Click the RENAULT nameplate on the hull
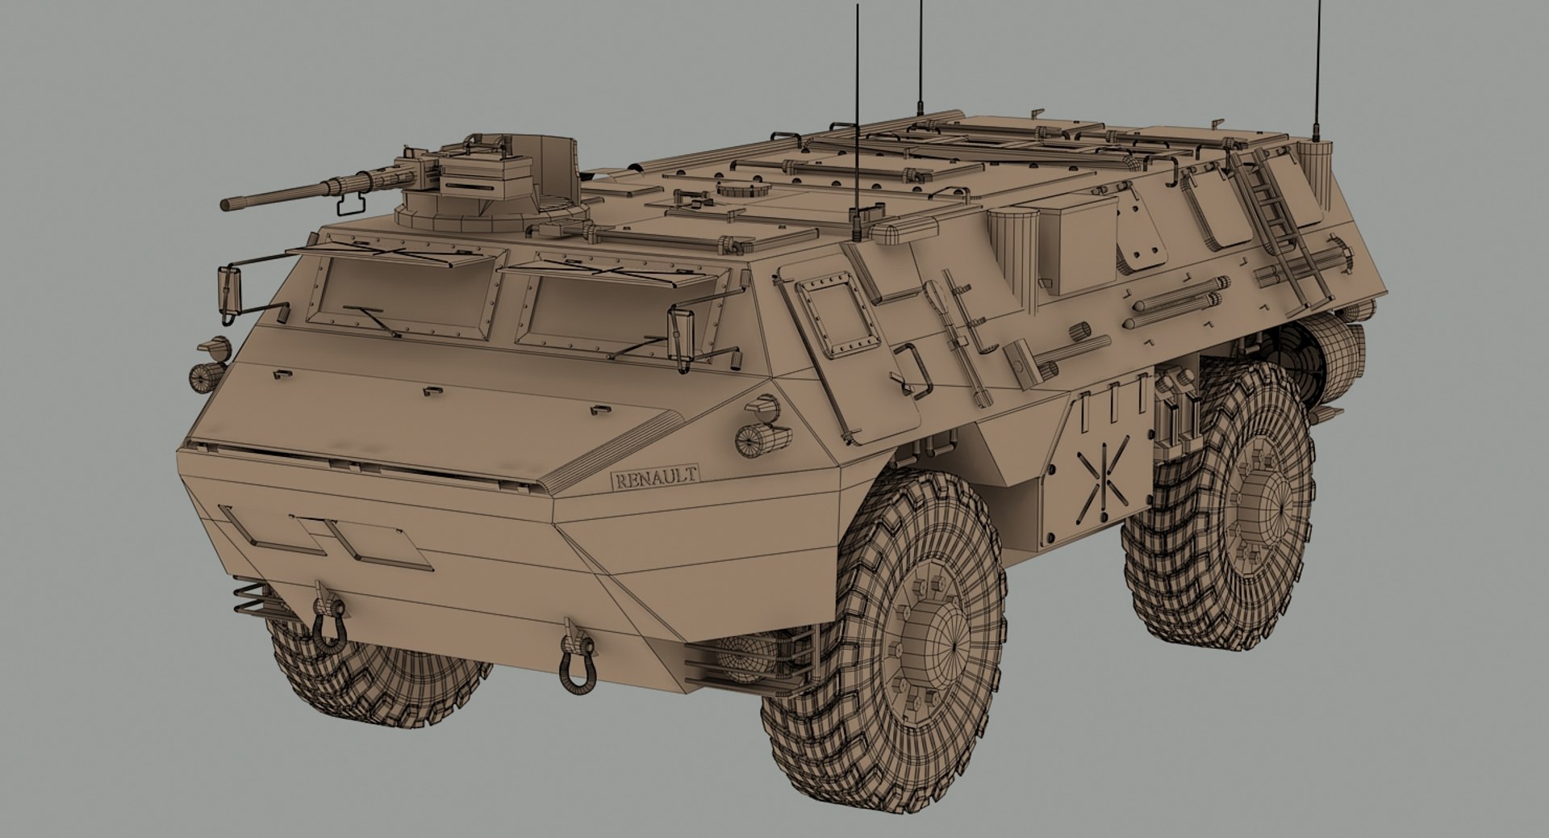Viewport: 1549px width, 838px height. click(x=654, y=477)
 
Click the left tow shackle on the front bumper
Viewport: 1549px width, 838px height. click(x=328, y=626)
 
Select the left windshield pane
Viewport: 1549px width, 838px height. click(x=407, y=293)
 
